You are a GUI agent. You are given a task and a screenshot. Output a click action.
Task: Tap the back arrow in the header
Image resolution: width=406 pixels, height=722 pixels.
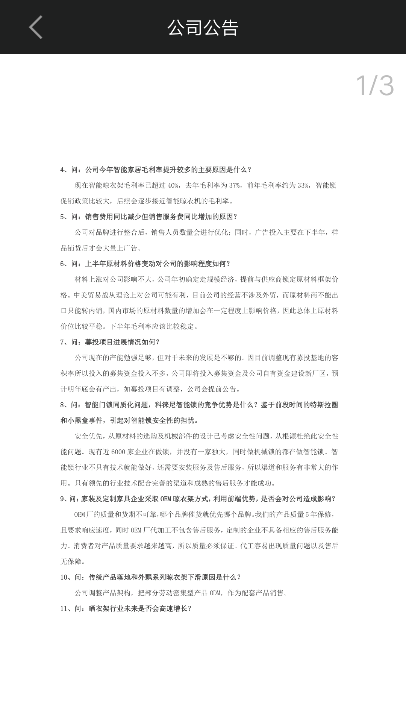36,27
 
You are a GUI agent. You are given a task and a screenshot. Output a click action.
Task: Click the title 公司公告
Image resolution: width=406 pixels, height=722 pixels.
203,27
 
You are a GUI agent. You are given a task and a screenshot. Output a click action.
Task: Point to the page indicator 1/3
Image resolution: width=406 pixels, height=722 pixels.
374,86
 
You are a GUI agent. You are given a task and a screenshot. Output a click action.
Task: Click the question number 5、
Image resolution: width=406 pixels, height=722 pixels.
64,217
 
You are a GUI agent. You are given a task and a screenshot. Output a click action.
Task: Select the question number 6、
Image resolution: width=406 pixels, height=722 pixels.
64,264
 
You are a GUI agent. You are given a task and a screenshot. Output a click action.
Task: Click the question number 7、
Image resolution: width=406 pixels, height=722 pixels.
64,342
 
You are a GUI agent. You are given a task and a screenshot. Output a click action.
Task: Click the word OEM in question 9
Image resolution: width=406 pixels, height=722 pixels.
165,499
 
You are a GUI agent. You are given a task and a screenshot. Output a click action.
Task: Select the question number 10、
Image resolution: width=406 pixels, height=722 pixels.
66,577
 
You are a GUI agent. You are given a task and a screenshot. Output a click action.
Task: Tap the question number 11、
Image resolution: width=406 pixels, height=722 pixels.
66,608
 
